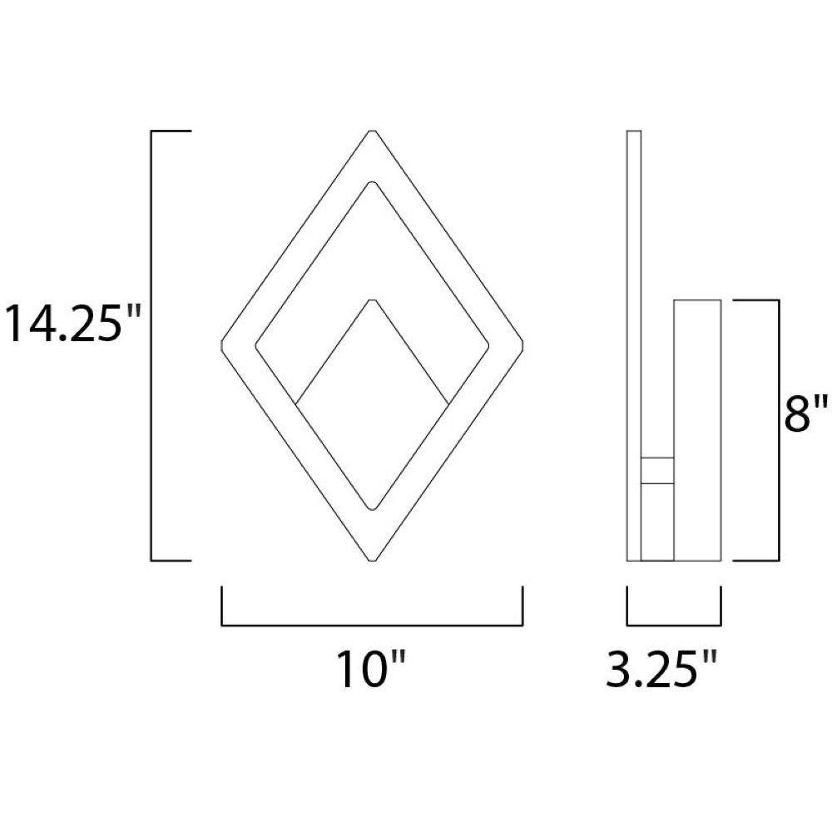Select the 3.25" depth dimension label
662,669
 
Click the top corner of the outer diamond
373,131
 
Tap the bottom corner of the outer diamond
373,560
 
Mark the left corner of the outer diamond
220,345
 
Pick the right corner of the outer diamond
523,345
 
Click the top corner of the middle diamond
373,182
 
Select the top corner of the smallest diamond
373,300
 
